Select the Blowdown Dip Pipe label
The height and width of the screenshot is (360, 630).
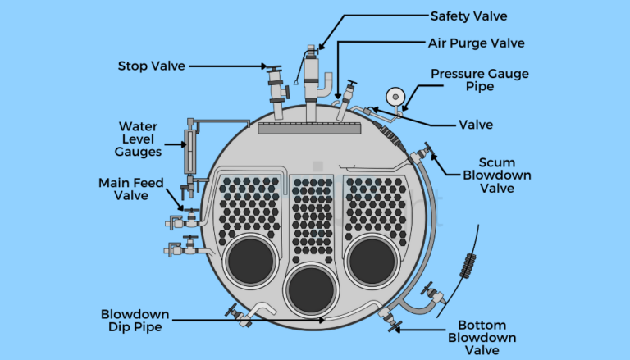coord(135,321)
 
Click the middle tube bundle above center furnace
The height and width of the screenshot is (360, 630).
coord(311,217)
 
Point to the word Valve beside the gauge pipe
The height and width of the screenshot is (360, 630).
coord(476,125)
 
